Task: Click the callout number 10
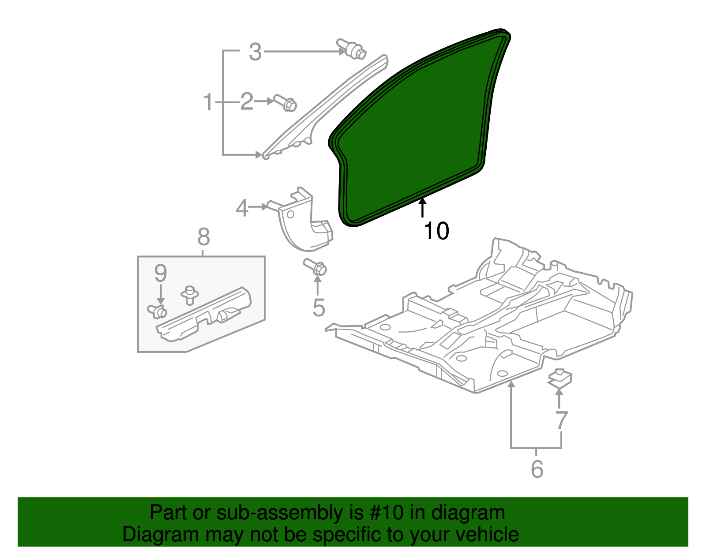[436, 231]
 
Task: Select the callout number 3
[255, 52]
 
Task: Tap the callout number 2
[247, 102]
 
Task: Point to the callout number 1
[208, 102]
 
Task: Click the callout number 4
[242, 208]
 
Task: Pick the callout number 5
[319, 307]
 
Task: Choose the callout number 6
[537, 469]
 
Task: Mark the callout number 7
[561, 420]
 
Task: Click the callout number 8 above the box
[203, 237]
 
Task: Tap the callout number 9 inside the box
[161, 274]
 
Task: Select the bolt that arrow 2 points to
[286, 103]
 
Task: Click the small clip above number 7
[560, 378]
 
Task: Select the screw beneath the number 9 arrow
[157, 311]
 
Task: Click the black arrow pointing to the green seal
[423, 208]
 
